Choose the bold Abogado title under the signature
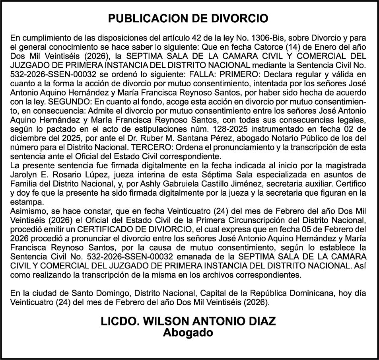[x=188, y=333]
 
